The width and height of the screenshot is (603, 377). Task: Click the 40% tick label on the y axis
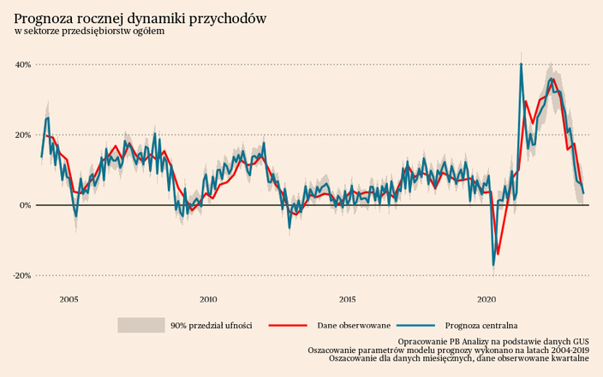pyautogui.click(x=22, y=65)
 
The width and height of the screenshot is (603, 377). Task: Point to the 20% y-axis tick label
pyautogui.click(x=22, y=135)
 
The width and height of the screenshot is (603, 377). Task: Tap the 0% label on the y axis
pyautogui.click(x=25, y=205)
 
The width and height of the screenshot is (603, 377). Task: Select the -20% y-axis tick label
pyautogui.click(x=21, y=276)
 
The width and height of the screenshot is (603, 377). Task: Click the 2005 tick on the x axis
pyautogui.click(x=69, y=299)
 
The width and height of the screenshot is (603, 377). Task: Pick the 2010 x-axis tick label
pyautogui.click(x=208, y=299)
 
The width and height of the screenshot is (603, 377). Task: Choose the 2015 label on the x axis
pyautogui.click(x=348, y=299)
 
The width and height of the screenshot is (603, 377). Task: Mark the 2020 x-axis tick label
pyautogui.click(x=487, y=299)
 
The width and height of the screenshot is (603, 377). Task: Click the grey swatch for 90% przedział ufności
pyautogui.click(x=140, y=325)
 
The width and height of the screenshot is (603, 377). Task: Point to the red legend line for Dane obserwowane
pyautogui.click(x=287, y=325)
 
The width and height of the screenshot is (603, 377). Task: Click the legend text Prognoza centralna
pyautogui.click(x=481, y=326)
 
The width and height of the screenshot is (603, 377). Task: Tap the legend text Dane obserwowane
pyautogui.click(x=354, y=326)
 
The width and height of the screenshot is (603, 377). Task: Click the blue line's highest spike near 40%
pyautogui.click(x=521, y=64)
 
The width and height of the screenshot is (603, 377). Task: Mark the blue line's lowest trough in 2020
pyautogui.click(x=493, y=265)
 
